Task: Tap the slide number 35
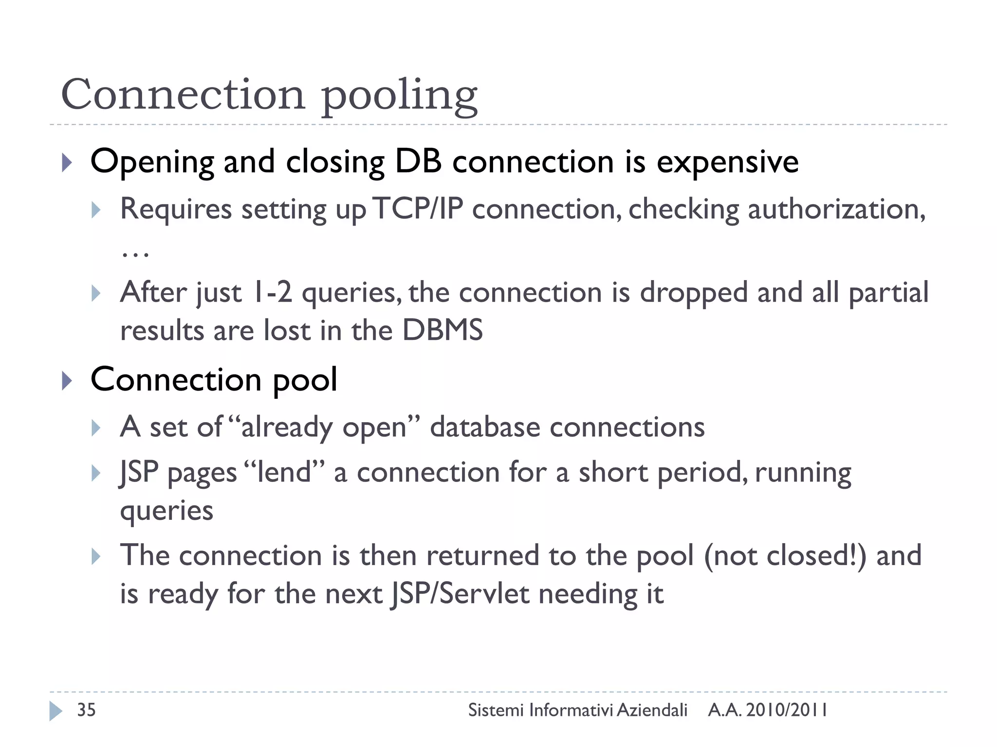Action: coord(86,710)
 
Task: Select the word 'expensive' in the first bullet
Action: coord(727,163)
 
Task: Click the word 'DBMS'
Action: coord(443,330)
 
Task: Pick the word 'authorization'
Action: coord(835,209)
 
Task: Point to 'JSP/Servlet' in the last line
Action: coord(460,594)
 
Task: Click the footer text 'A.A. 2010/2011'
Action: coord(768,710)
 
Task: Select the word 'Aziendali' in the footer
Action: coord(652,710)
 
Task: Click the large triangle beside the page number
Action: coord(55,711)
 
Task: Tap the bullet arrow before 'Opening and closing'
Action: coord(67,163)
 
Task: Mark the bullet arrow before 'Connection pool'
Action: coord(67,381)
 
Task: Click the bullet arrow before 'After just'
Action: coord(96,293)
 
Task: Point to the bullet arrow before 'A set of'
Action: coord(96,428)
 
